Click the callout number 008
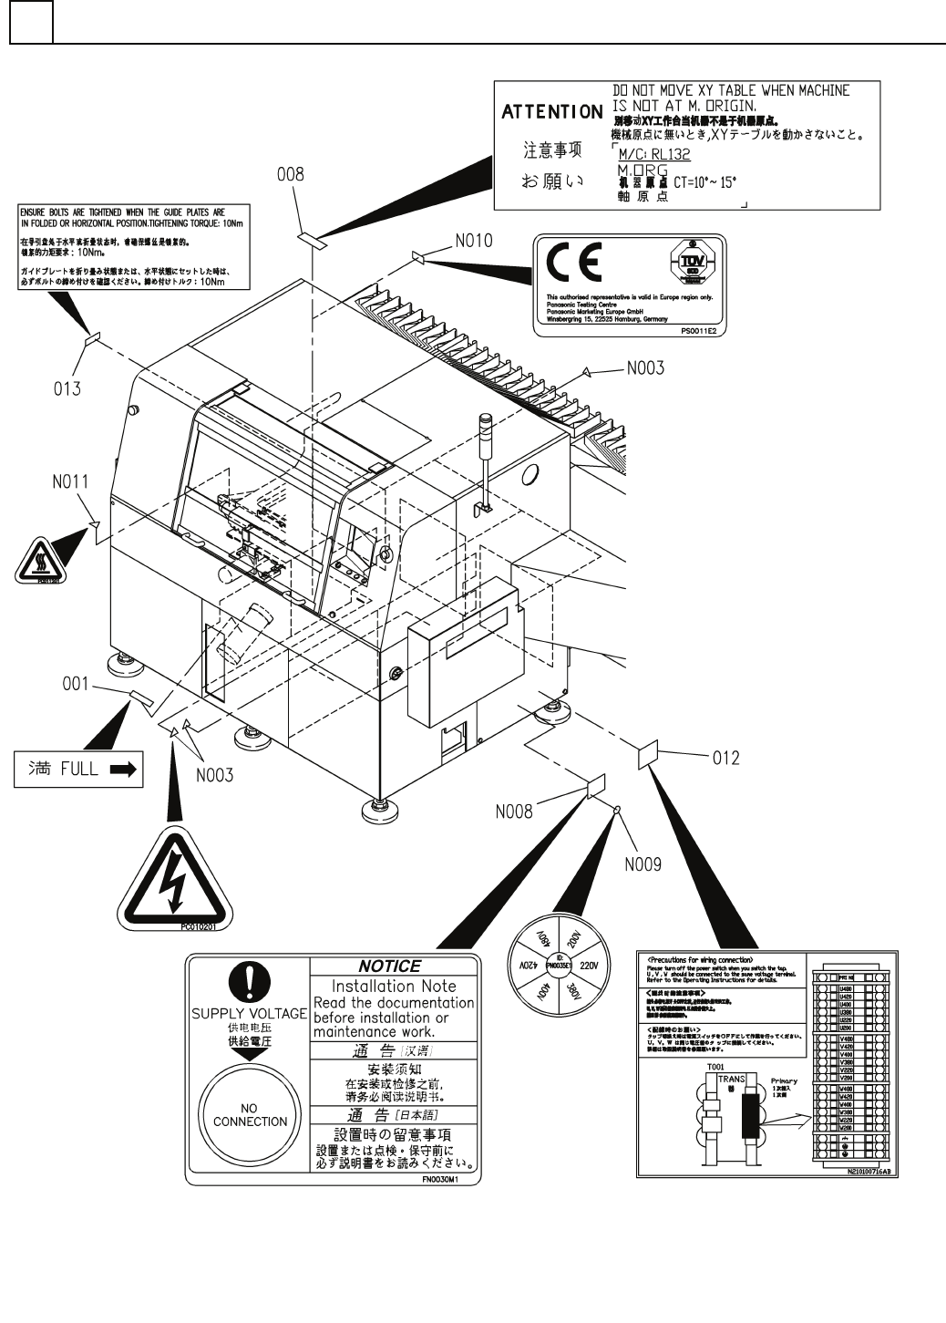click(x=291, y=173)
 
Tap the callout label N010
click(x=473, y=241)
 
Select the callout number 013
click(x=67, y=389)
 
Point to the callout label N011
click(x=70, y=481)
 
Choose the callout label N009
click(x=643, y=863)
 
